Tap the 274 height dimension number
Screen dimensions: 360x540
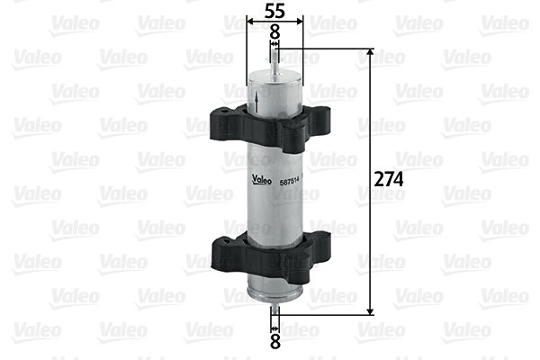point(389,179)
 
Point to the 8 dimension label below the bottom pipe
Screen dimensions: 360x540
point(275,342)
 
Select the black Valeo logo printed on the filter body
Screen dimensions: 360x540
point(262,176)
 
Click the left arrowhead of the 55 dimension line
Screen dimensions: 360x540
point(249,21)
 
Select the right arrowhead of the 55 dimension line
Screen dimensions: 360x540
point(302,21)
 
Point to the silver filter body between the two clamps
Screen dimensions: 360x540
point(275,202)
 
